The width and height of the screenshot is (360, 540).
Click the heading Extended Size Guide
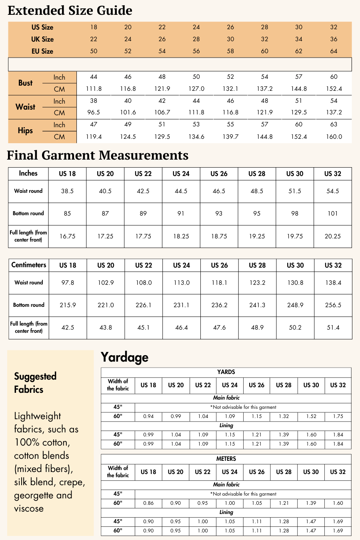pos(70,10)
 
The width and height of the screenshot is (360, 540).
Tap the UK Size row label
pos(42,39)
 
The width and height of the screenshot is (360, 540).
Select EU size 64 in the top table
pos(334,51)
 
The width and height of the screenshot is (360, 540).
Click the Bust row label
pos(25,83)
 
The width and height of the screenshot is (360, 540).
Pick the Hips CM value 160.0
pos(334,137)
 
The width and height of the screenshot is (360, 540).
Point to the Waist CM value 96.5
pos(94,112)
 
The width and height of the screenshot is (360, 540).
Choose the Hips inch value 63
pos(334,124)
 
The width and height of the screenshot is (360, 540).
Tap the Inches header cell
pos(28,173)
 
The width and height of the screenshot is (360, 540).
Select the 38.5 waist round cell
pos(67,191)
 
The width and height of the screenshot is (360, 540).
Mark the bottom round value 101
pos(332,214)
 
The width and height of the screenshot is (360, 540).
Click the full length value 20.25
pos(332,236)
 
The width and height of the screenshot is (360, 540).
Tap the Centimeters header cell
pos(29,265)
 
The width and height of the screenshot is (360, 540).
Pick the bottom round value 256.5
pos(333,305)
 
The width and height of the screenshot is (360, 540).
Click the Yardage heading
pos(124,357)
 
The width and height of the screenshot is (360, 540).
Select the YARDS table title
pos(226,372)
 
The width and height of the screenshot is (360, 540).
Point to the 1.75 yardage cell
pos(338,416)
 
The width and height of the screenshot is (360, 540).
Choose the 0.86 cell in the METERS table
pos(148,503)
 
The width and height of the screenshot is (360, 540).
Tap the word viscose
pos(29,509)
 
